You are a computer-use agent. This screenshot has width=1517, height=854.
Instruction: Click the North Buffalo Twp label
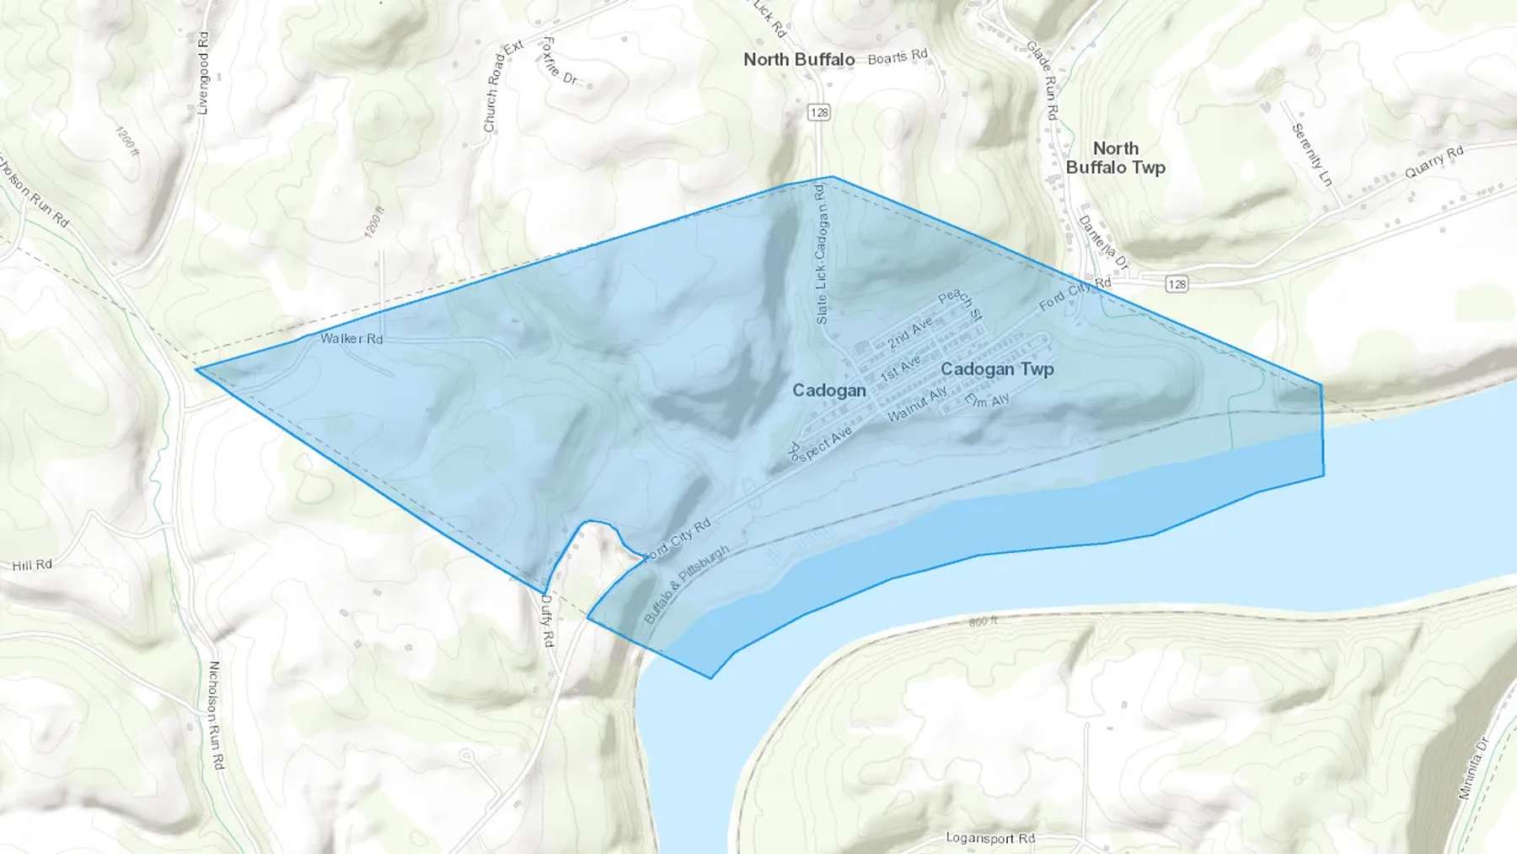pos(1115,158)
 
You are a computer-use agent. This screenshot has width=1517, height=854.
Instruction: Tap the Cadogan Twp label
pos(997,368)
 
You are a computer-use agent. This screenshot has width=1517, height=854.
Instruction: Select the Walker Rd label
pos(351,338)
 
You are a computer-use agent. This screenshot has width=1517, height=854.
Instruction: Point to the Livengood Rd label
pos(202,73)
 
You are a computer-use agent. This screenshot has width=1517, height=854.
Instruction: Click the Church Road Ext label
pos(502,86)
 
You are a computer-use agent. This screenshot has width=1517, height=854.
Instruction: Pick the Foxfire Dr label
pos(560,62)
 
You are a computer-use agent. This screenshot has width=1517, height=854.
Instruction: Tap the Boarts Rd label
pos(898,56)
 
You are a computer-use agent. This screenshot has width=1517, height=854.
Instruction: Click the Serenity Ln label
pos(1311,154)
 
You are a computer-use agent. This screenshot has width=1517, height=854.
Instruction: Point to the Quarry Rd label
pos(1434,162)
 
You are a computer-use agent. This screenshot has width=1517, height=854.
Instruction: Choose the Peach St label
pos(960,304)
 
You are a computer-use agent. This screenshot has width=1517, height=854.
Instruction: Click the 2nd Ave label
pos(910,333)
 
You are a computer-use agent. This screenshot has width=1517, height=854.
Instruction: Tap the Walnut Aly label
pos(917,405)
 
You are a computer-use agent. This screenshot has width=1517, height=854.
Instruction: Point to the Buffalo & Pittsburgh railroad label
pos(685,585)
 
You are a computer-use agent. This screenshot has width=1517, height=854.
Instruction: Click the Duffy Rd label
pos(547,621)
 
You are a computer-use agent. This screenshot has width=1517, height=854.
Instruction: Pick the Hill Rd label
pos(32,565)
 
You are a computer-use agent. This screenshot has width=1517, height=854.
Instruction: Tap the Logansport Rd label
pos(989,838)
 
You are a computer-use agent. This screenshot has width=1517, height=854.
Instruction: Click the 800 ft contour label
pos(983,621)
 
